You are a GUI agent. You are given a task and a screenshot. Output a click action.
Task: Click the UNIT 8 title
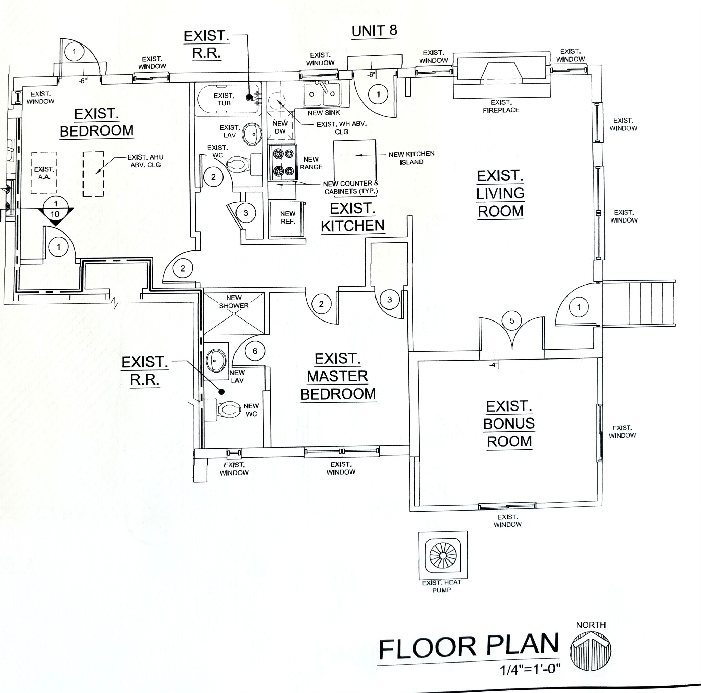coord(374,31)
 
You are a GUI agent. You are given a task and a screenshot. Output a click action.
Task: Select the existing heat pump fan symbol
coord(443,556)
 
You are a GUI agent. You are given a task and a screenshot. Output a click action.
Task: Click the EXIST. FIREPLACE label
coord(501,106)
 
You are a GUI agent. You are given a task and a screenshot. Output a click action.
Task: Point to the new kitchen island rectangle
coord(355,160)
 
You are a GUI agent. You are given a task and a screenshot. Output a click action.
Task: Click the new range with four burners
coord(283,162)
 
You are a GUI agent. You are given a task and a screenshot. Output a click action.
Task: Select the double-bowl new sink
coord(322,94)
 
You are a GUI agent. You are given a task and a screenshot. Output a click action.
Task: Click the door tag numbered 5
coord(512,320)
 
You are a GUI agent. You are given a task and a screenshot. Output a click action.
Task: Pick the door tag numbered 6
coord(255,351)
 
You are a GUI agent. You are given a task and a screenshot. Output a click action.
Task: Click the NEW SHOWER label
coord(234,302)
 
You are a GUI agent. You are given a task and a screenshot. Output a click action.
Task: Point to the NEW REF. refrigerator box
coord(288,218)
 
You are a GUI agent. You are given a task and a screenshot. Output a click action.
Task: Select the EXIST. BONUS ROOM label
coord(509,424)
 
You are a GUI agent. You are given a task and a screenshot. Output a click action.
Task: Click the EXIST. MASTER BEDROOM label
coord(338,376)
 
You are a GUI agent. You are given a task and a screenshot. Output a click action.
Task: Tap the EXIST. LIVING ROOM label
coord(500,193)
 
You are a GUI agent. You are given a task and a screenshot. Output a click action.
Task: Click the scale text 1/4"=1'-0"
coord(530,669)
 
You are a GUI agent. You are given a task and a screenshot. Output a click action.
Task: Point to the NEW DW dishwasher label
coord(280,127)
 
